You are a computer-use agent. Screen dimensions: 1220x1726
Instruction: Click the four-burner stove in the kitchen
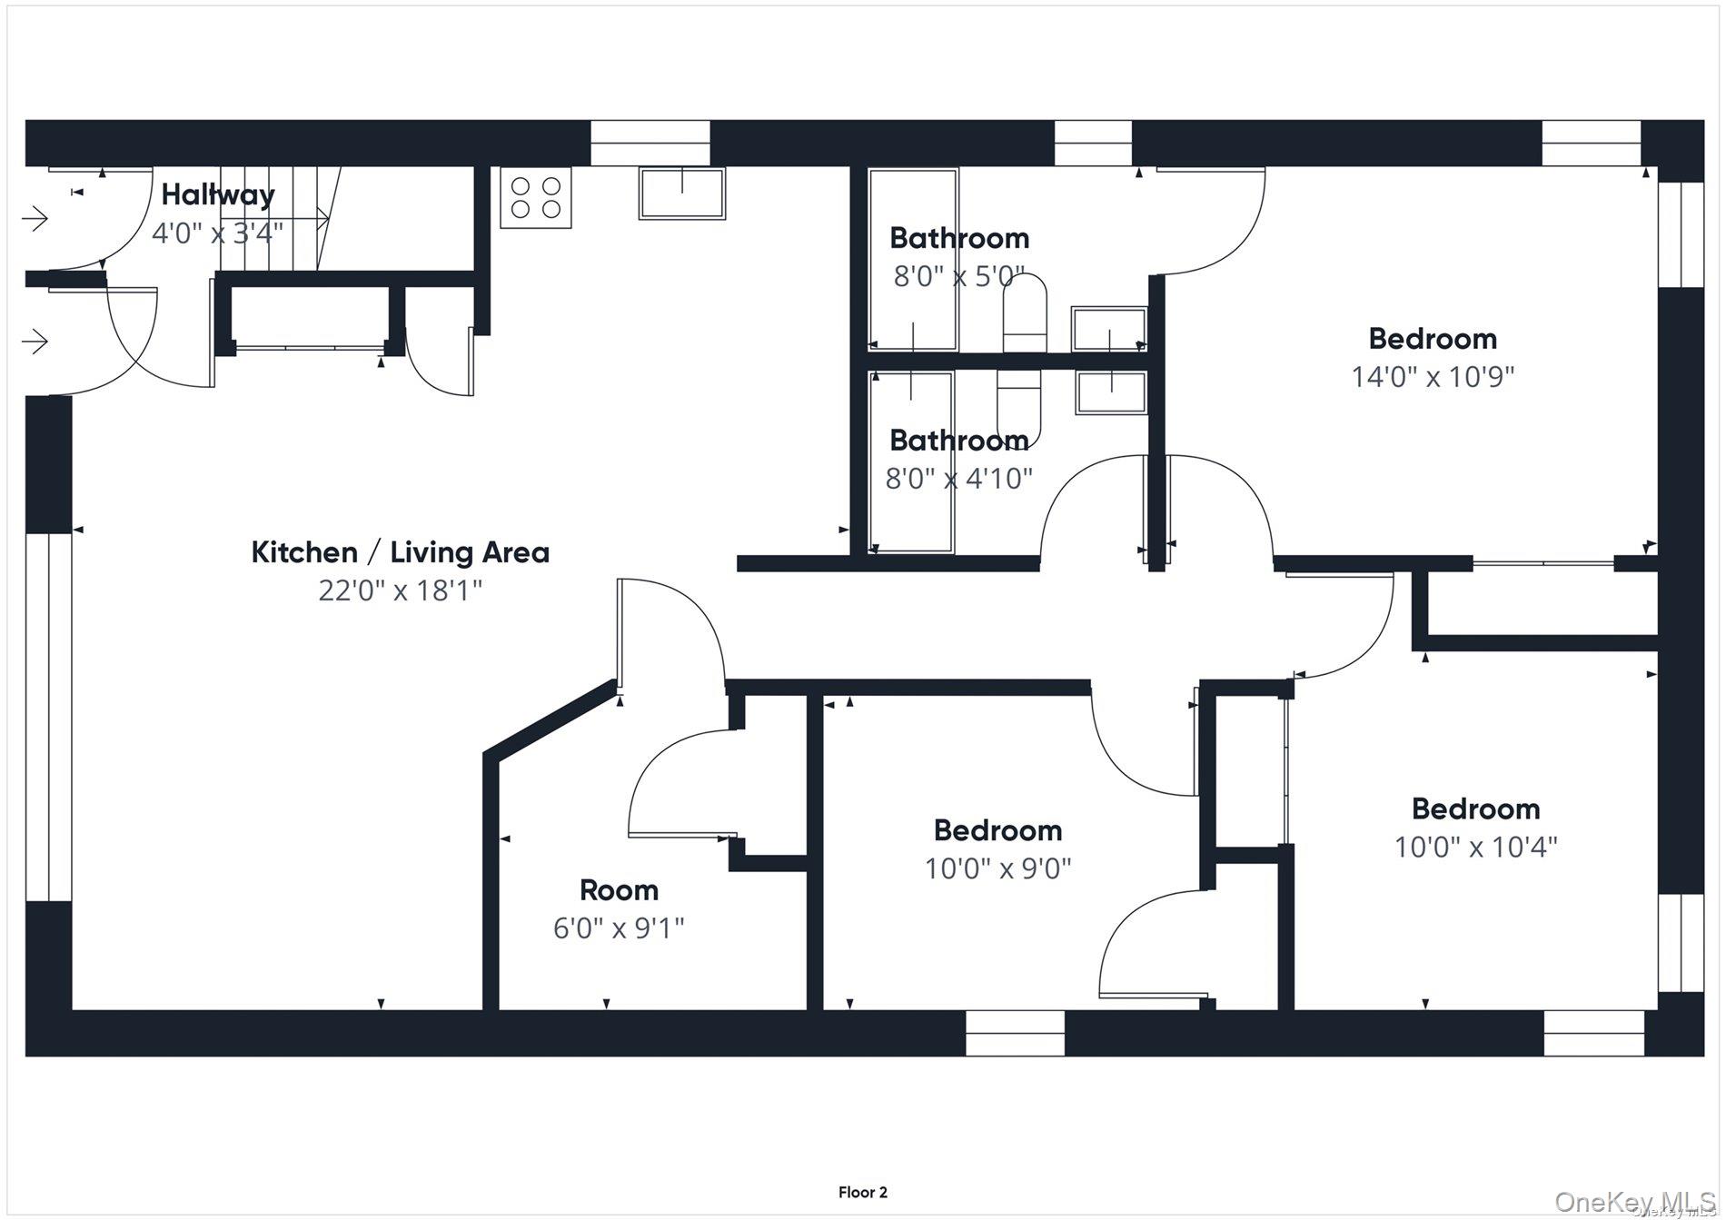536,197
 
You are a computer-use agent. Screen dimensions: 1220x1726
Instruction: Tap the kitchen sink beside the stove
682,193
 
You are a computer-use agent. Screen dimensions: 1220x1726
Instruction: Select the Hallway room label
218,194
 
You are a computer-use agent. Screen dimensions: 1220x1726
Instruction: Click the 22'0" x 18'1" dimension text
400,590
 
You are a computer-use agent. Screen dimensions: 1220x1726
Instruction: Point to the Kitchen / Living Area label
400,552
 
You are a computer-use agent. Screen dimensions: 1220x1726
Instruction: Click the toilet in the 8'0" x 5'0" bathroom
1024,313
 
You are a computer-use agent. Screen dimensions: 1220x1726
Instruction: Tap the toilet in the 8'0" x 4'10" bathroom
1019,406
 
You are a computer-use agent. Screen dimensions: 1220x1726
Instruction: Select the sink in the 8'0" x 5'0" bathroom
1108,329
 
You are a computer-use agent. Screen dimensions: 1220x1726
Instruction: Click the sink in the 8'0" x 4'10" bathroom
1111,392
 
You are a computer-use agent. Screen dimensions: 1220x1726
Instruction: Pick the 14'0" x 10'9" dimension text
1433,377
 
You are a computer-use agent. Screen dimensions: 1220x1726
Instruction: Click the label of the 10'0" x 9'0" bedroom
997,830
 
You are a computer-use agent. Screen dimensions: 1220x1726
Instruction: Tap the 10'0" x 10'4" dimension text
1475,848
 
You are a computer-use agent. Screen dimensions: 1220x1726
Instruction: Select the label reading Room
619,890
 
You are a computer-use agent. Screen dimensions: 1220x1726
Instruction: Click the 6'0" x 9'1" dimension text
619,928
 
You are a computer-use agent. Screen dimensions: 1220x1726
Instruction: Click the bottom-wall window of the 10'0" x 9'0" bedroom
1014,1034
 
